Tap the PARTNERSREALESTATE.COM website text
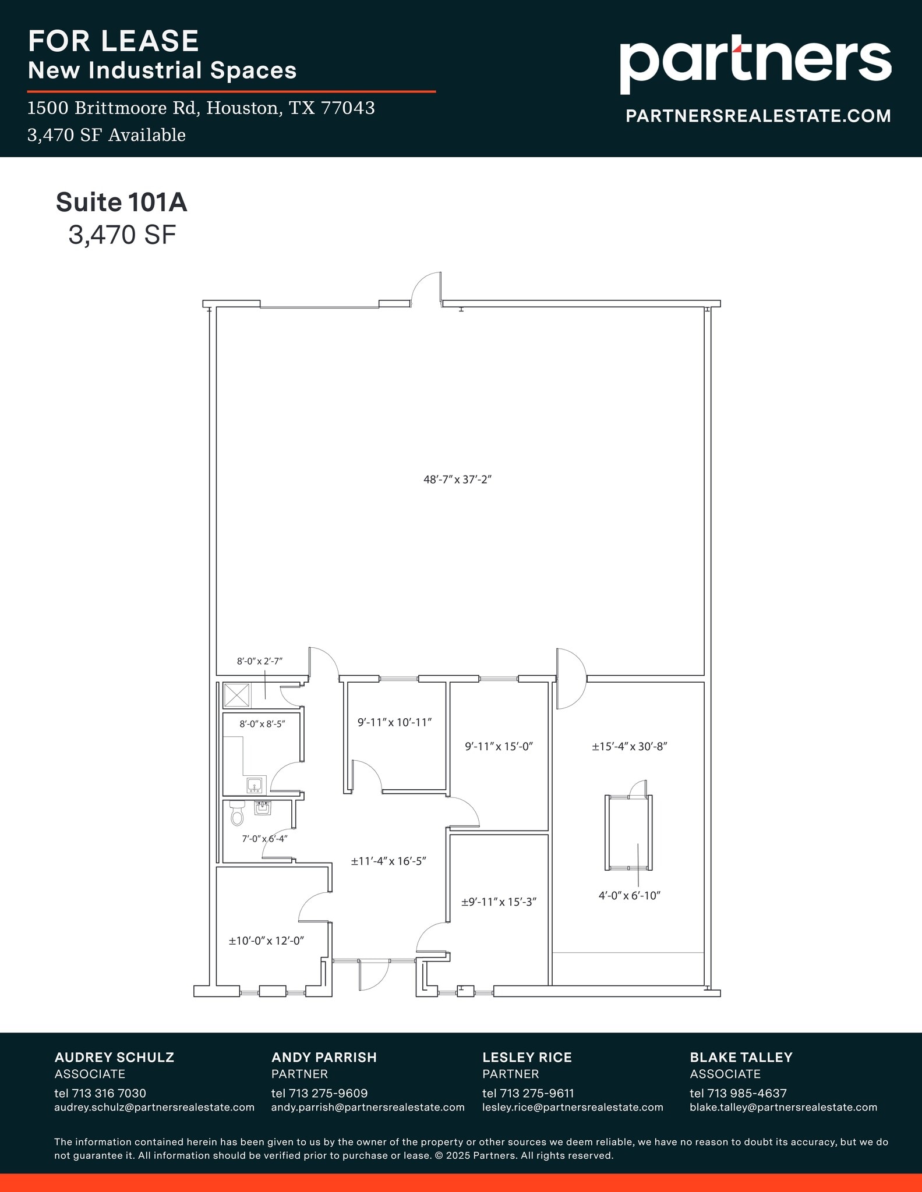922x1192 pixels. [x=758, y=116]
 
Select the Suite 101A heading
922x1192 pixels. [x=121, y=202]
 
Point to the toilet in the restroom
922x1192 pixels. [x=237, y=813]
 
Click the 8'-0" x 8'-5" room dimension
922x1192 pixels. [x=262, y=724]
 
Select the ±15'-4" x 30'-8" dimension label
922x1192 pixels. [x=629, y=746]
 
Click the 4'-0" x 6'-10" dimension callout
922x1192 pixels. [x=629, y=895]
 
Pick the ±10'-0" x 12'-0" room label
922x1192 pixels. [x=267, y=941]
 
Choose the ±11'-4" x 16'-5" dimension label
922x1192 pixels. [x=388, y=861]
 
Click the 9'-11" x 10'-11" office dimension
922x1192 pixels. [x=394, y=722]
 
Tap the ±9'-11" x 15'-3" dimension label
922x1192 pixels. [x=499, y=902]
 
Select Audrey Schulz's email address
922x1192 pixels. [x=154, y=1107]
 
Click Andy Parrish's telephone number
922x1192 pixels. [x=319, y=1093]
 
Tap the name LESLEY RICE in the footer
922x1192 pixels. [x=527, y=1057]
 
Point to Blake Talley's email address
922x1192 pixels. [x=783, y=1107]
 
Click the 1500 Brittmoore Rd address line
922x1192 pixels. [x=201, y=108]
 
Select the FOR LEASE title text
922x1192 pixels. [x=114, y=41]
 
